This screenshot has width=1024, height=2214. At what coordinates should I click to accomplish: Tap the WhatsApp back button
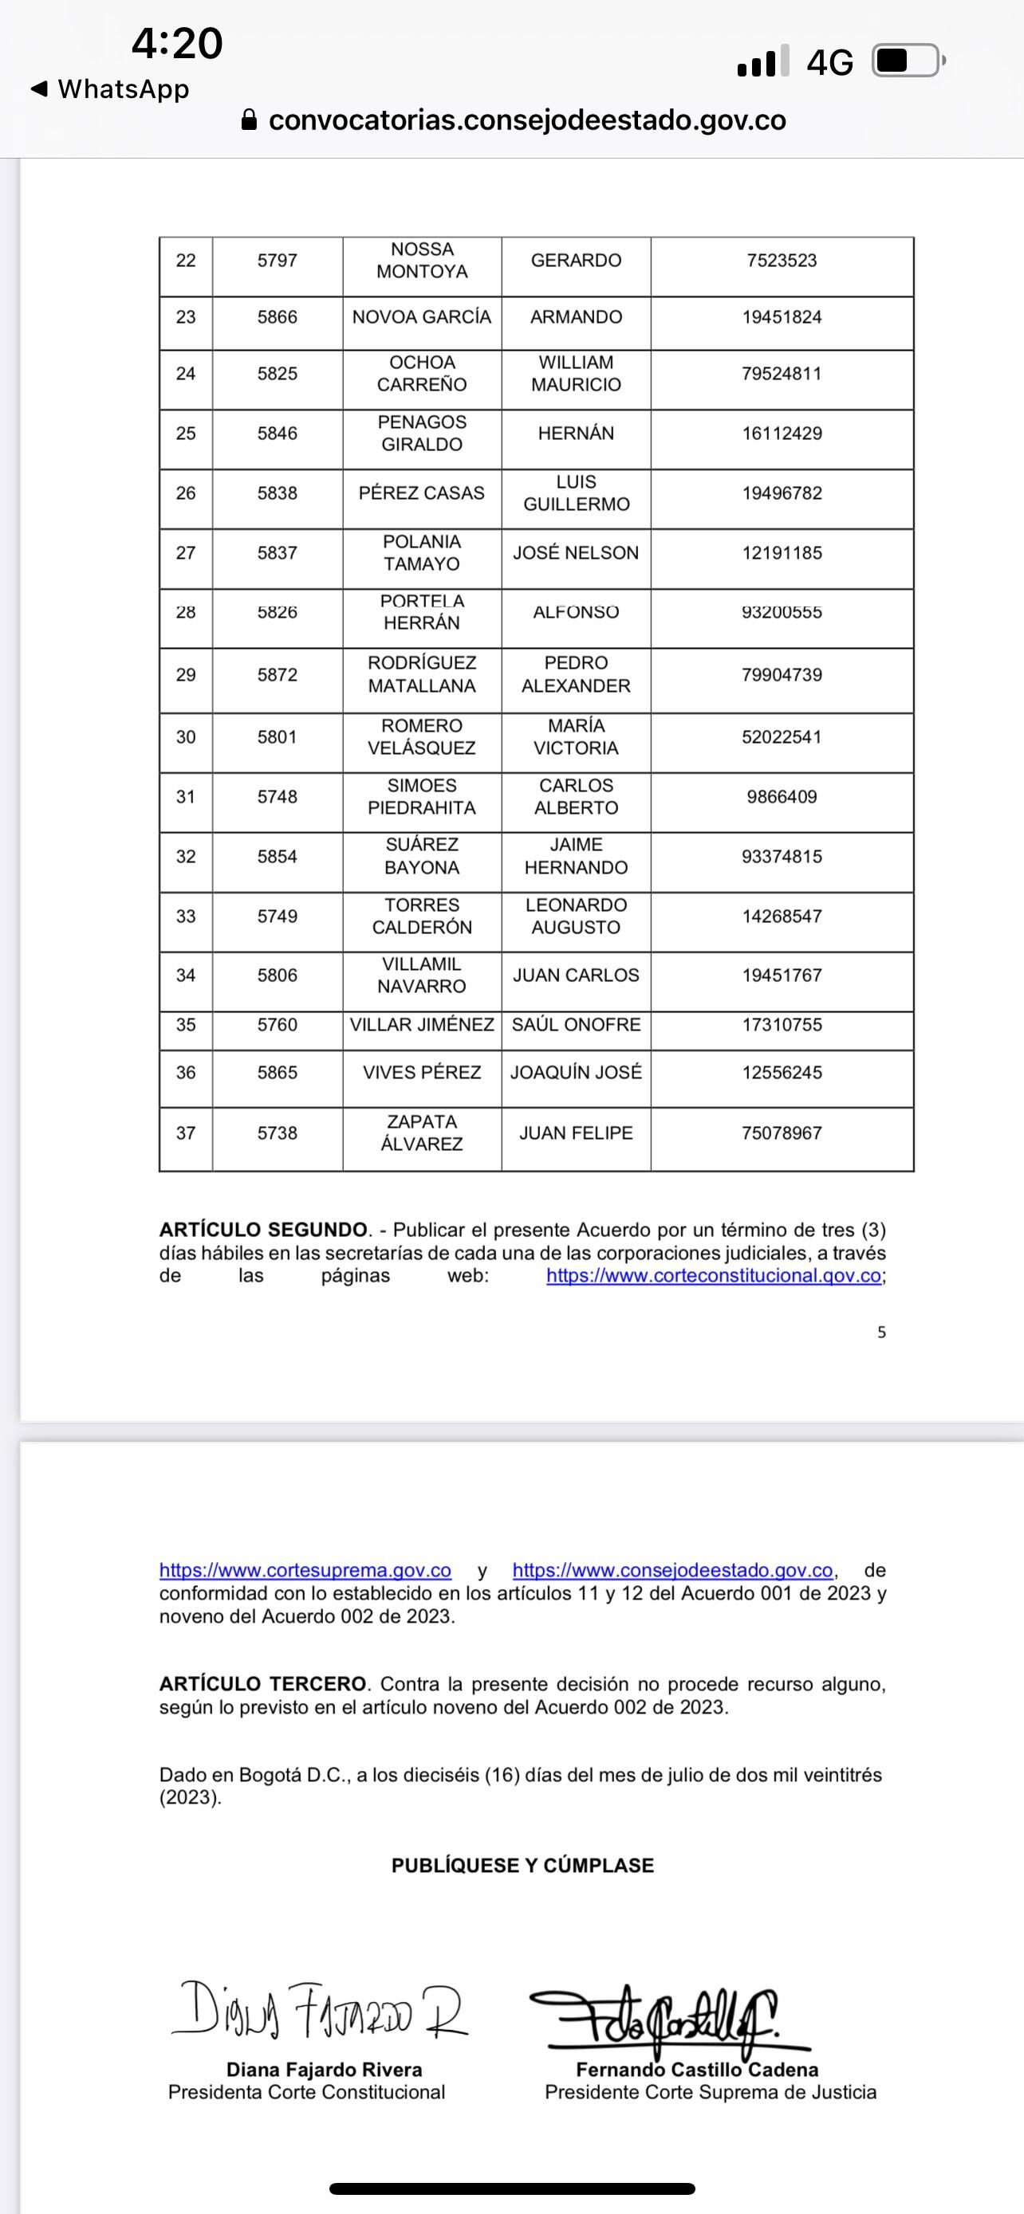[109, 88]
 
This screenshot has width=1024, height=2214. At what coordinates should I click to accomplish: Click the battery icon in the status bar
[907, 61]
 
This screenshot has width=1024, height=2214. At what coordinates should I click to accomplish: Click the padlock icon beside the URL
[250, 120]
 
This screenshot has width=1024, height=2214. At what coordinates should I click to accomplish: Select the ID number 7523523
[782, 261]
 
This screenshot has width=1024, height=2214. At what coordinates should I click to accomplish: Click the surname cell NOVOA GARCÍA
[421, 317]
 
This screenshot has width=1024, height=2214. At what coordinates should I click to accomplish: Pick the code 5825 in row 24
[277, 374]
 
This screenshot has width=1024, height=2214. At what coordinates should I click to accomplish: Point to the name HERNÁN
[576, 434]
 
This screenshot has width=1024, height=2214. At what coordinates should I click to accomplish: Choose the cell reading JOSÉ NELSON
[576, 552]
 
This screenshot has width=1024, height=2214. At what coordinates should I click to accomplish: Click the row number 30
[186, 736]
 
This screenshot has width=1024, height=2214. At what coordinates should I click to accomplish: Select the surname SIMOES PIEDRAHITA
[421, 797]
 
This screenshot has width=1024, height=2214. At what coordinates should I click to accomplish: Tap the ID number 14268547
[782, 917]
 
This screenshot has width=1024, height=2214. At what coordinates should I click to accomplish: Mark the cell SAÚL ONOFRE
[576, 1024]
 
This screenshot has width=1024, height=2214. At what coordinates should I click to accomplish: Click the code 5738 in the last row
[277, 1133]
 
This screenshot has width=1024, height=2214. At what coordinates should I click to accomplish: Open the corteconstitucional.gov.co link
[714, 1275]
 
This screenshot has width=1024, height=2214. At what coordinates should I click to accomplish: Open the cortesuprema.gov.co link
[305, 1570]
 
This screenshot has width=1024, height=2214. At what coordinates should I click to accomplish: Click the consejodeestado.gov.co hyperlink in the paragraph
[672, 1570]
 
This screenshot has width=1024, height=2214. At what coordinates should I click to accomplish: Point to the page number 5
[881, 1333]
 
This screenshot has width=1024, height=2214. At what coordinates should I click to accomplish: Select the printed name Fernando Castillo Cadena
[696, 2070]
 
